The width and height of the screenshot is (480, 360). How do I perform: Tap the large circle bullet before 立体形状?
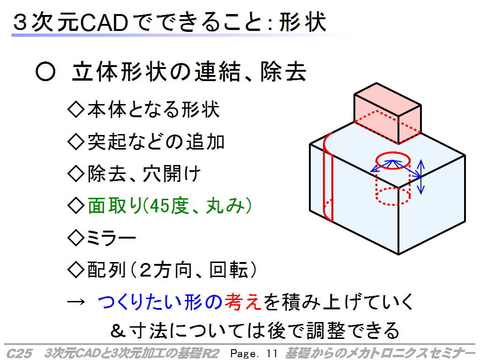point(45,72)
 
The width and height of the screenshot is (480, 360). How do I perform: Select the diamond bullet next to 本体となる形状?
point(75,109)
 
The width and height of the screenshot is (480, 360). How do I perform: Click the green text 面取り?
point(115,205)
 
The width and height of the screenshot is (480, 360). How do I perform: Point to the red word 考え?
point(243,302)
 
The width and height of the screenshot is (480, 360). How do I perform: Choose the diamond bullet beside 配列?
point(75,270)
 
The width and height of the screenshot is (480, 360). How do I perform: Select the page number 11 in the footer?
point(271,353)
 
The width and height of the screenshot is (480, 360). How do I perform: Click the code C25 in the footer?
point(19,353)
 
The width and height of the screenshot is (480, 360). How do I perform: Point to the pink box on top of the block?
point(388,113)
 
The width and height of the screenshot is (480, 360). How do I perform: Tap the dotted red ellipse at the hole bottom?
point(393,204)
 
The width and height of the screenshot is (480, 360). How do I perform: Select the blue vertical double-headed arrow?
point(421,177)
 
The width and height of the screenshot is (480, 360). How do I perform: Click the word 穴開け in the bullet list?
point(172,173)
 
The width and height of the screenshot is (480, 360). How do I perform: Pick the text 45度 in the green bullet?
point(167,205)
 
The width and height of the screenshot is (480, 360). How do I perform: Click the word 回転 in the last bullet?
point(228,270)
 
